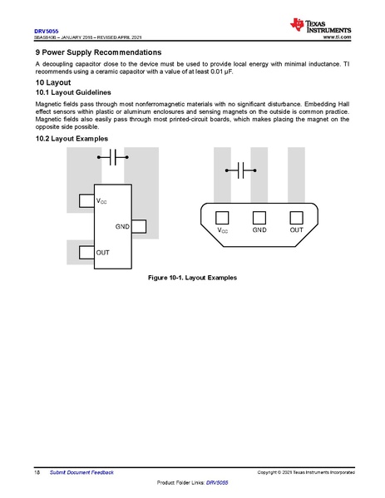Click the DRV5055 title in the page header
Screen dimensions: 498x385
[x=46, y=31]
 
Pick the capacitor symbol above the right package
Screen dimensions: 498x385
[x=242, y=170]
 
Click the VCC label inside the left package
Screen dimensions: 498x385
[x=101, y=201]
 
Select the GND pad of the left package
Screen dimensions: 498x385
[x=138, y=226]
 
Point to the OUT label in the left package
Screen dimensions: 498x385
[x=102, y=251]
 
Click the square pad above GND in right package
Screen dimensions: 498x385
[x=259, y=217]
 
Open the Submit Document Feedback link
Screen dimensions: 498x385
[x=81, y=471]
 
